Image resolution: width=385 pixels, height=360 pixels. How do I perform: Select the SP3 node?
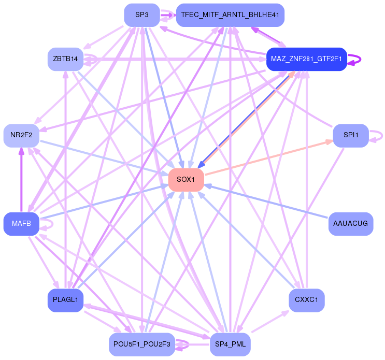[141, 15]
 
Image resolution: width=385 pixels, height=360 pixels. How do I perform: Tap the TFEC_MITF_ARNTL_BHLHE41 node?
[230, 15]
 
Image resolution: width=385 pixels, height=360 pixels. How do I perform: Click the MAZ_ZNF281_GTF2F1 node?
[306, 59]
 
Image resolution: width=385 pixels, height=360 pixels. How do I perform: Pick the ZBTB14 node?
[65, 59]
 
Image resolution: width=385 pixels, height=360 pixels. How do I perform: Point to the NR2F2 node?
[21, 135]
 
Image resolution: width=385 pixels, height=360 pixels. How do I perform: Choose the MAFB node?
[21, 224]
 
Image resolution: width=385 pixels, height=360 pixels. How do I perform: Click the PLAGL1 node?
[65, 299]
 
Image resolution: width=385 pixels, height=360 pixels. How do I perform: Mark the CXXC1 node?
[306, 299]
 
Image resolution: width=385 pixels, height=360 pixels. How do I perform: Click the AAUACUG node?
[351, 224]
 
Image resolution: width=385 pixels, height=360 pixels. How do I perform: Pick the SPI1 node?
[351, 135]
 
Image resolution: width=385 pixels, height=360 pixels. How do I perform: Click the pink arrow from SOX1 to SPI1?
[269, 157]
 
